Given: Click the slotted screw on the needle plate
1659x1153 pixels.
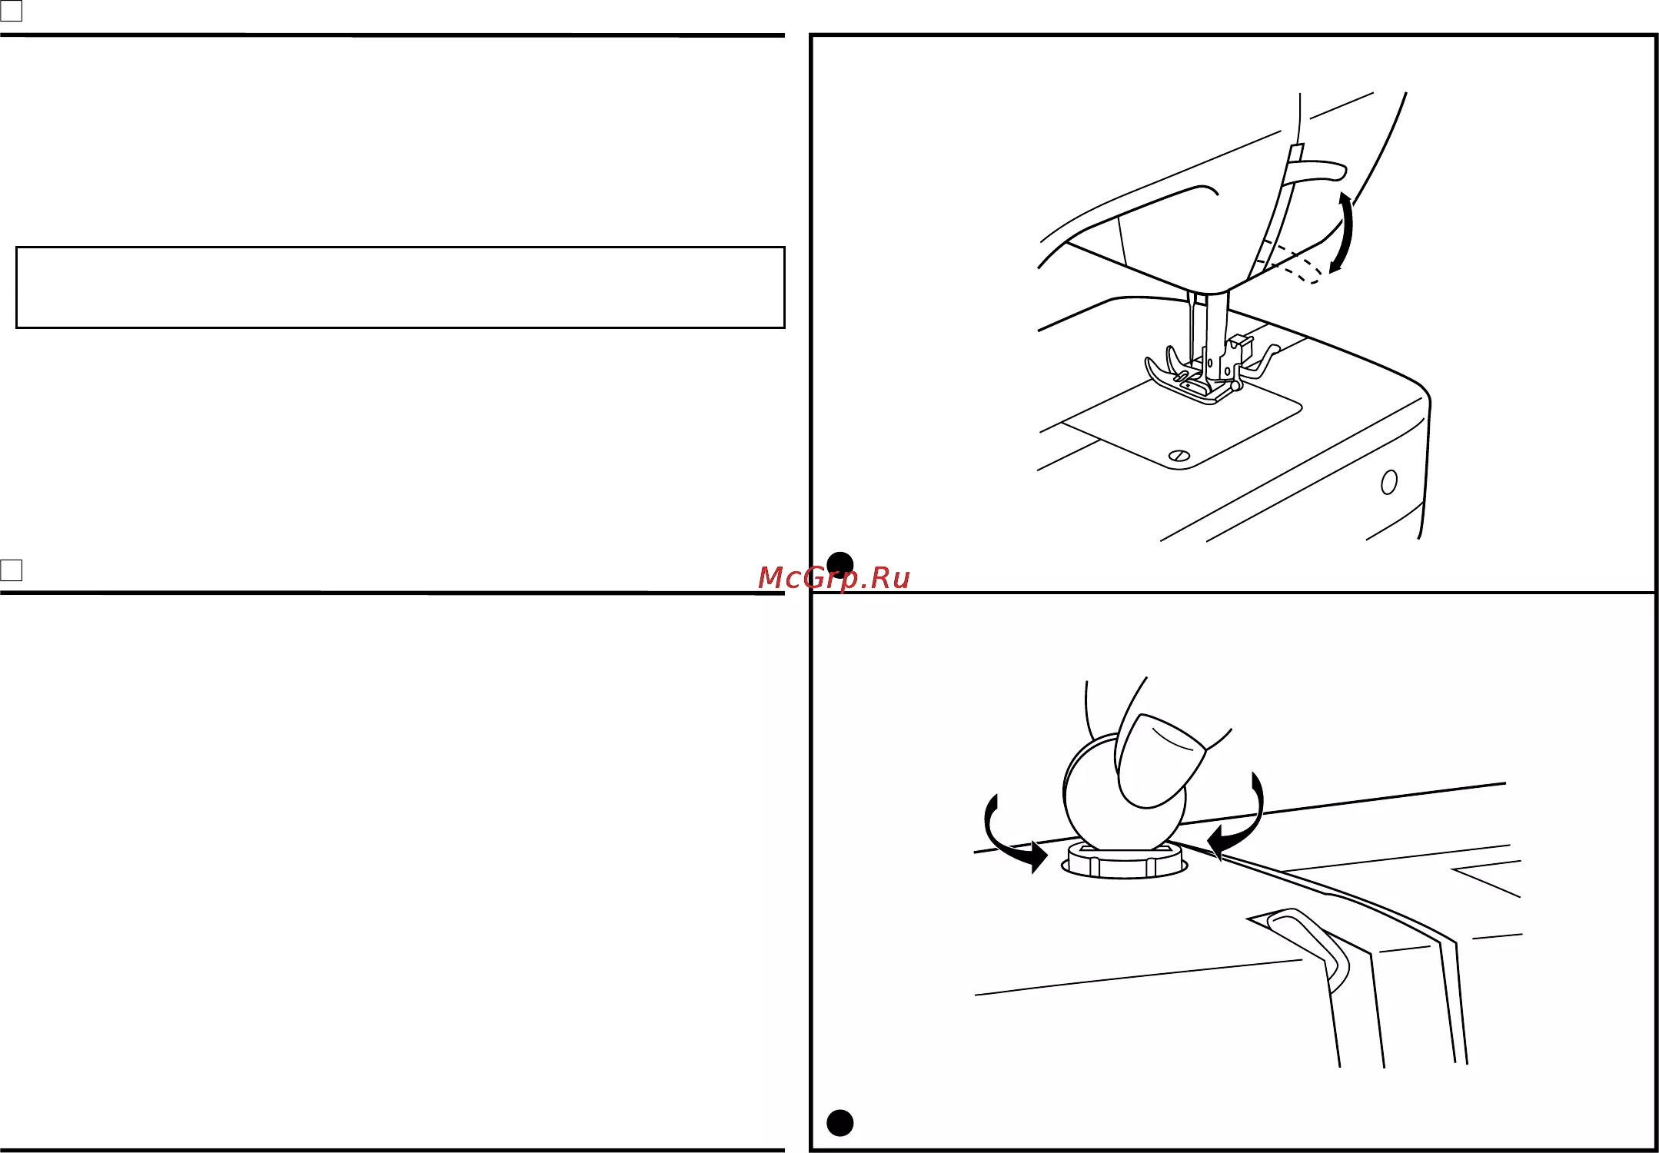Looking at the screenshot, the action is point(1179,456).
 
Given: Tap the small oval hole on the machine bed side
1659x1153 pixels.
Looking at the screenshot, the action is point(1388,482).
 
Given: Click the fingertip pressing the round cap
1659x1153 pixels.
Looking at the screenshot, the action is point(1159,761).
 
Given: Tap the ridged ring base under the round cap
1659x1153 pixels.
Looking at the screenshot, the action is point(1124,861).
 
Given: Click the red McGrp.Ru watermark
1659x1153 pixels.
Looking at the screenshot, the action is point(834,578).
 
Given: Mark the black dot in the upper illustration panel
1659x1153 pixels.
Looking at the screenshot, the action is point(839,565).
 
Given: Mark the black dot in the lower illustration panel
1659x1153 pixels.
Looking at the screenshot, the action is point(839,1123).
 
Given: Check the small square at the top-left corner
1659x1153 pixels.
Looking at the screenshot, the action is point(12,11).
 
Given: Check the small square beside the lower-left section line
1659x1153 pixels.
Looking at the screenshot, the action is point(12,570).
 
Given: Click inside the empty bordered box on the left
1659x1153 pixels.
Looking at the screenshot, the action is point(400,287).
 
